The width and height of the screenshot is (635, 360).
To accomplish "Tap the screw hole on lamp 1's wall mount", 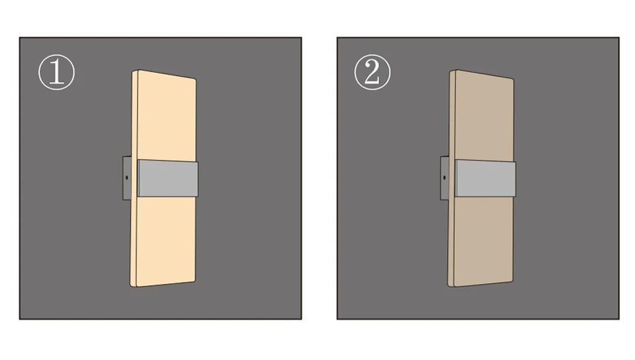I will [127, 178].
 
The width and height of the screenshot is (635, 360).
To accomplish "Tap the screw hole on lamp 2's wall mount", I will [444, 178].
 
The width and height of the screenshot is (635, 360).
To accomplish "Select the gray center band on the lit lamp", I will [167, 178].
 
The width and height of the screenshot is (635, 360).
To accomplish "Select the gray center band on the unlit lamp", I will [485, 178].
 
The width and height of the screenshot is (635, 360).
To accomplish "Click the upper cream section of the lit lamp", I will [165, 116].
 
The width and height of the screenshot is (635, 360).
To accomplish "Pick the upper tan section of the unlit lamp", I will [483, 116].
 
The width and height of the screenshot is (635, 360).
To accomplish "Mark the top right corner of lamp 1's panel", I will [194, 79].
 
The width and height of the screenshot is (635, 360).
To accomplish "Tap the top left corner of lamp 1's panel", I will [134, 71].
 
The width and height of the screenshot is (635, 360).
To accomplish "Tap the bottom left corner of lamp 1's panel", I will [134, 286].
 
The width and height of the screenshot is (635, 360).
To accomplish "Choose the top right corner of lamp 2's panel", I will [512, 79].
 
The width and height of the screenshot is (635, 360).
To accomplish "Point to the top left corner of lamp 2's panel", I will [452, 71].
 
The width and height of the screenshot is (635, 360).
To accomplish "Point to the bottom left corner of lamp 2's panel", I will [452, 286].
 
